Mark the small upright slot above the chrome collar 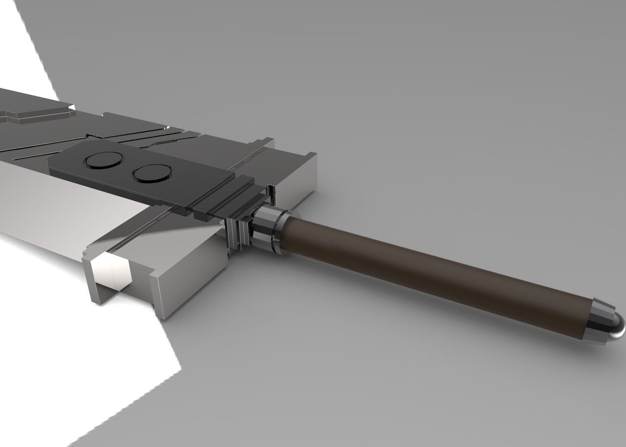[272, 195]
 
